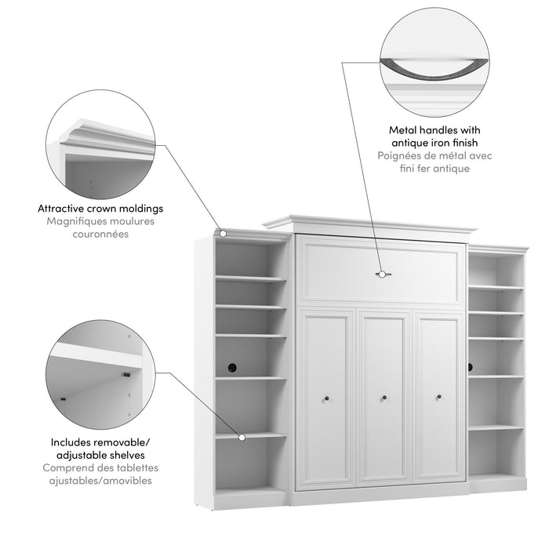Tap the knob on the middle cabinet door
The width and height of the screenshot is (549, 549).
click(384, 398)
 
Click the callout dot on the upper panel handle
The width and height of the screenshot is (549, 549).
click(383, 274)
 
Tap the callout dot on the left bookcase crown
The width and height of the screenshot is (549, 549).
click(224, 233)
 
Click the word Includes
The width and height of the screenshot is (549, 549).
click(68, 442)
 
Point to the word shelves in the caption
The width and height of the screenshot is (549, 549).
click(125, 455)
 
